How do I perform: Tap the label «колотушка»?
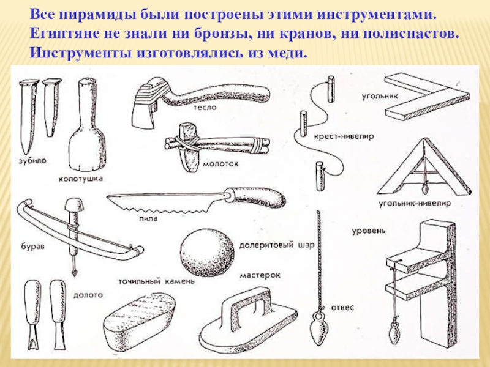[x=80, y=179]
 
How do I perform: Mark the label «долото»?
[x=87, y=294]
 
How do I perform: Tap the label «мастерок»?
[x=260, y=275]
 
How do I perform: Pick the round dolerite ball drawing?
[x=208, y=253]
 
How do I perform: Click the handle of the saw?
[x=263, y=197]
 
